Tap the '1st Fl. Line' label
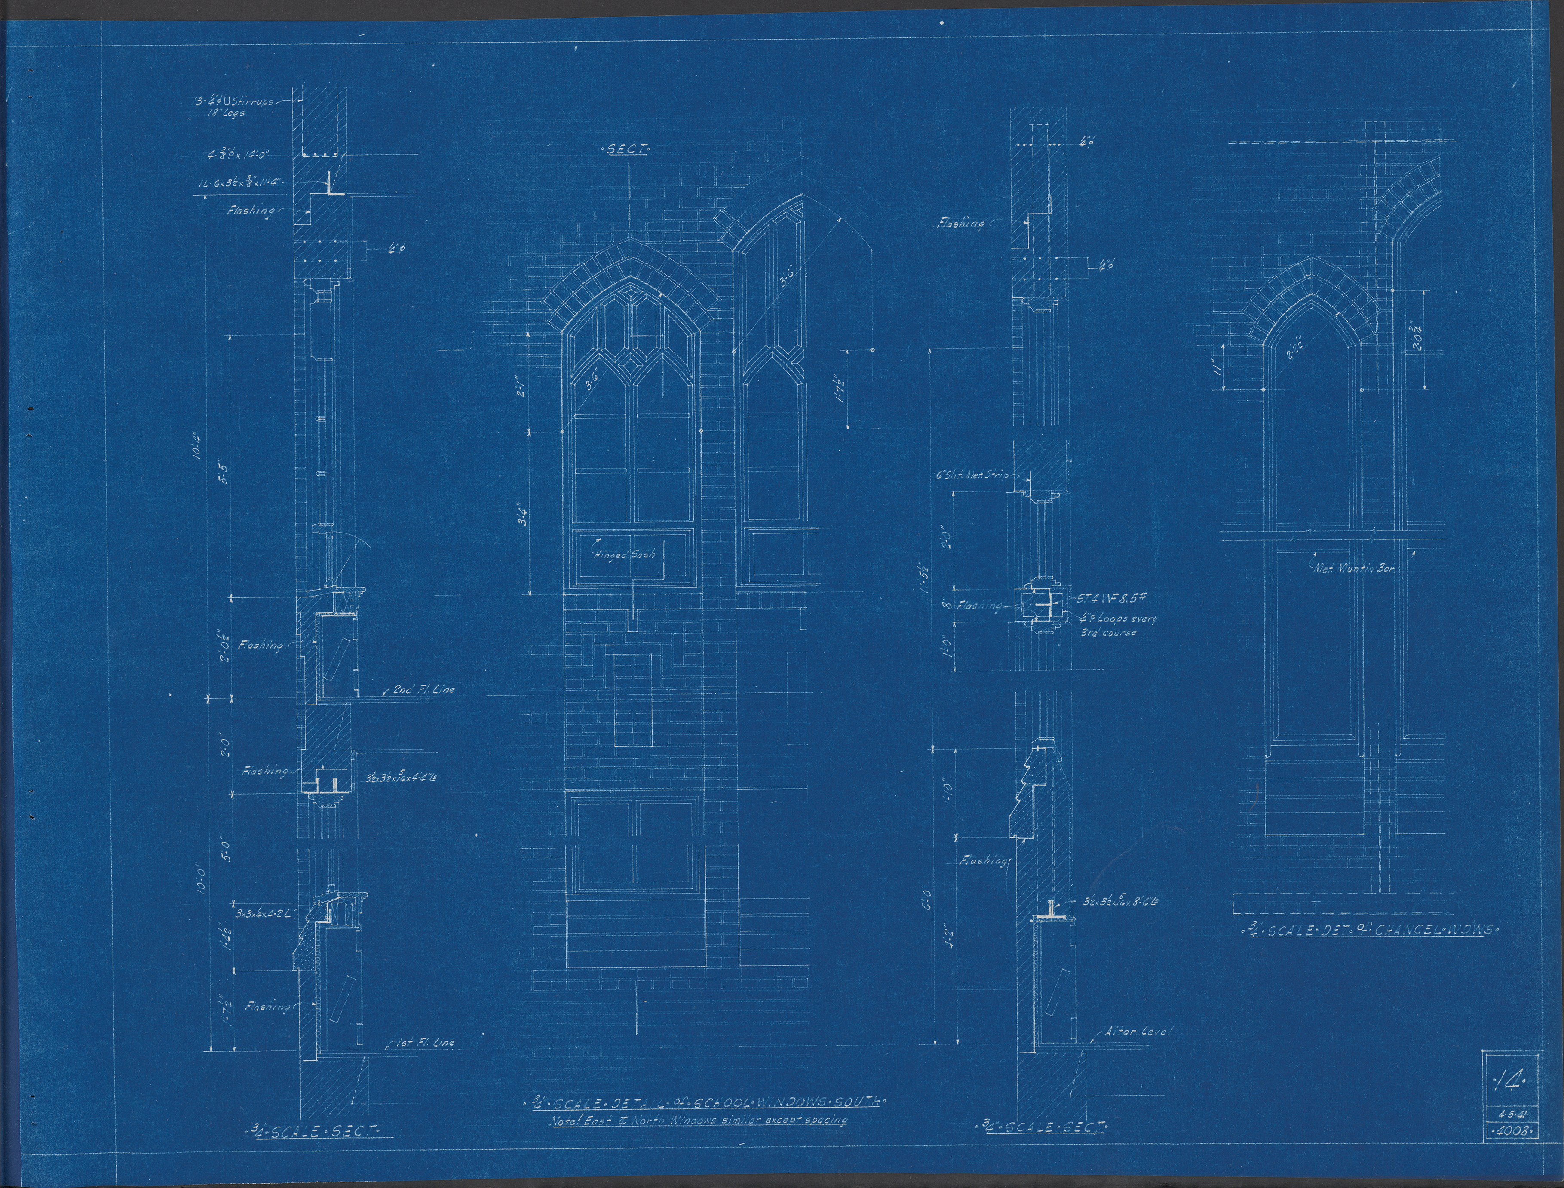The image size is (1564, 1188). coord(424,1042)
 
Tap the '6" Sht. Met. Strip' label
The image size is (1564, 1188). coord(972,476)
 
